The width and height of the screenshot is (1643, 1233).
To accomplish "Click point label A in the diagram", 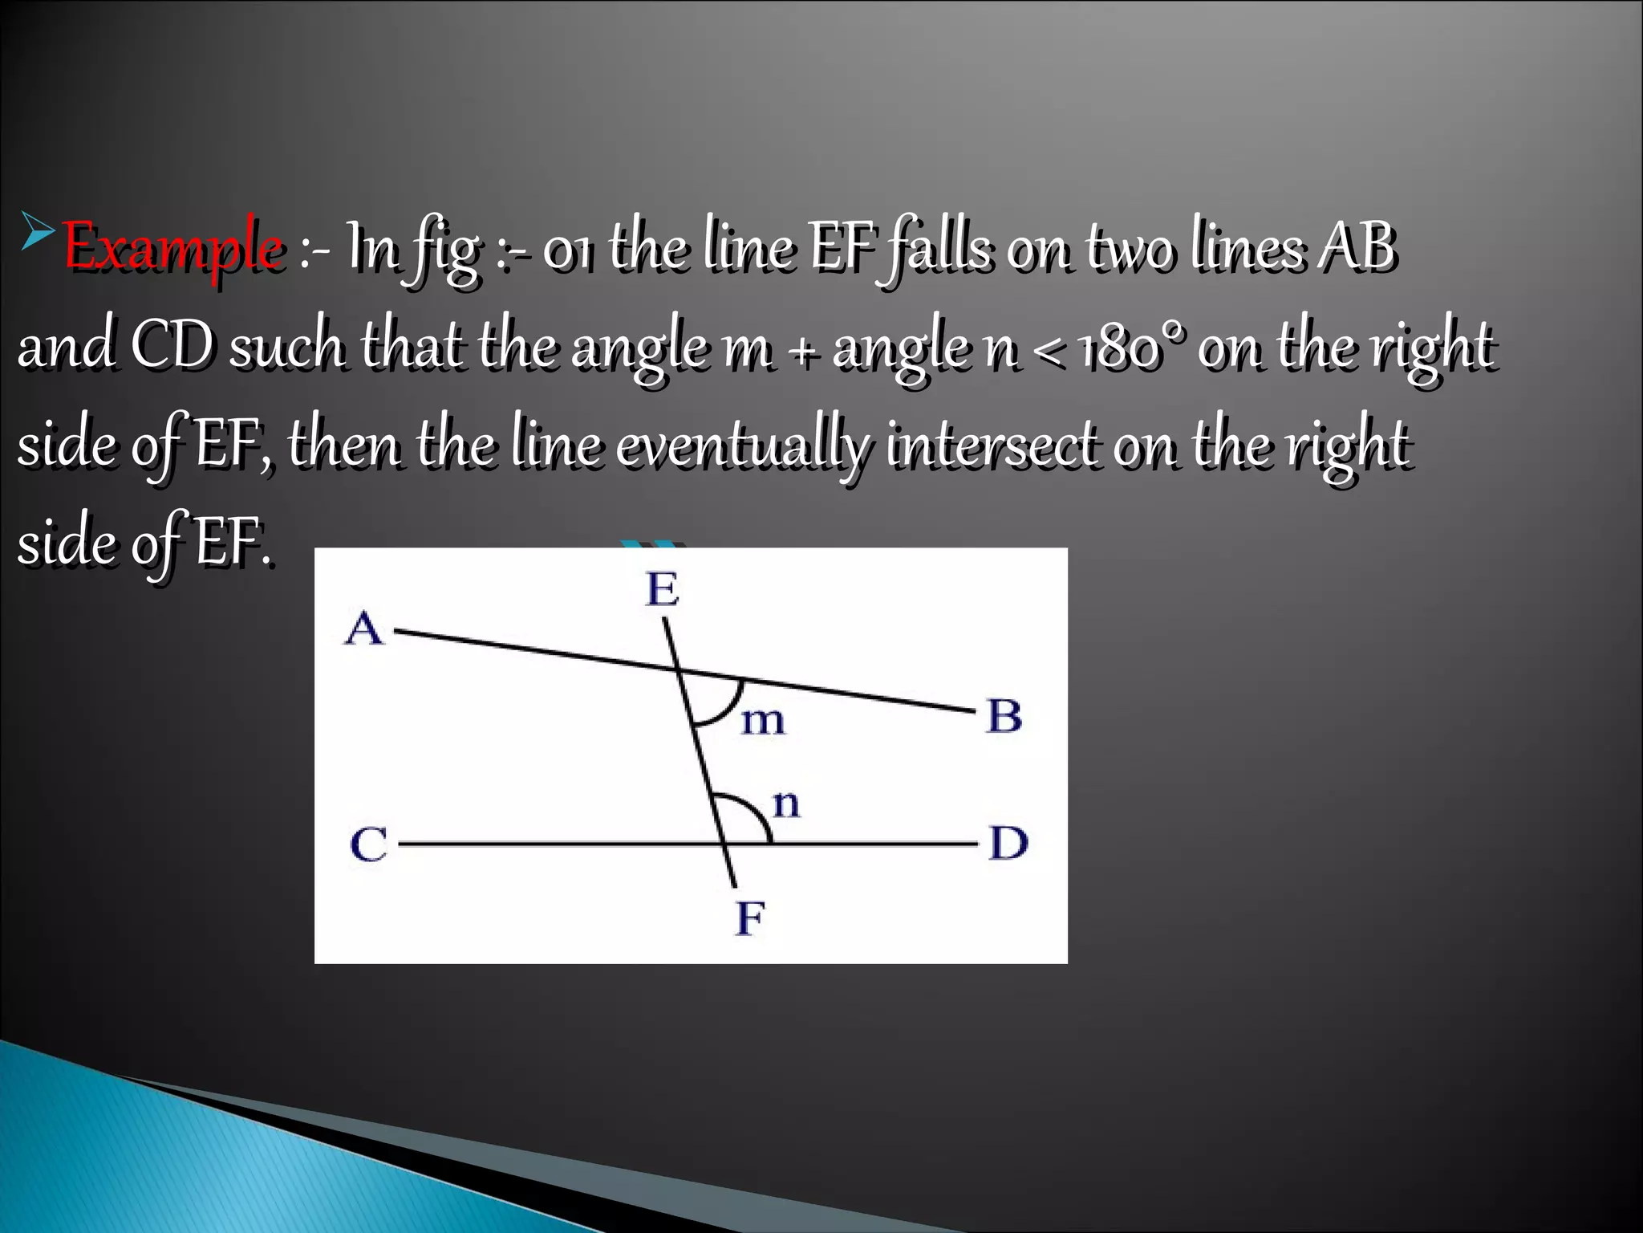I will click(365, 628).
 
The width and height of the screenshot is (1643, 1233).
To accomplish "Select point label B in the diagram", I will click(1004, 716).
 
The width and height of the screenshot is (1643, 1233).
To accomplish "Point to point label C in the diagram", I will click(369, 844).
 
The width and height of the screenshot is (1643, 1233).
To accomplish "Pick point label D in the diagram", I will click(1008, 844).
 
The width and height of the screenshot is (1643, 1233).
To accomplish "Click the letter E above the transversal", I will click(663, 590).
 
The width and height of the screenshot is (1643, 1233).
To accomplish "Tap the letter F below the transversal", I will click(750, 918).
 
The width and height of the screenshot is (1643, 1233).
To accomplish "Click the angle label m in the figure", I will click(762, 721).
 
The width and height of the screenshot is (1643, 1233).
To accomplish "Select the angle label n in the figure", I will click(786, 804).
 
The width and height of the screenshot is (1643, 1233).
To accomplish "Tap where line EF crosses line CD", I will click(724, 844).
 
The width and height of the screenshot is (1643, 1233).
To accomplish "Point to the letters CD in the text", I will click(172, 348).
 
